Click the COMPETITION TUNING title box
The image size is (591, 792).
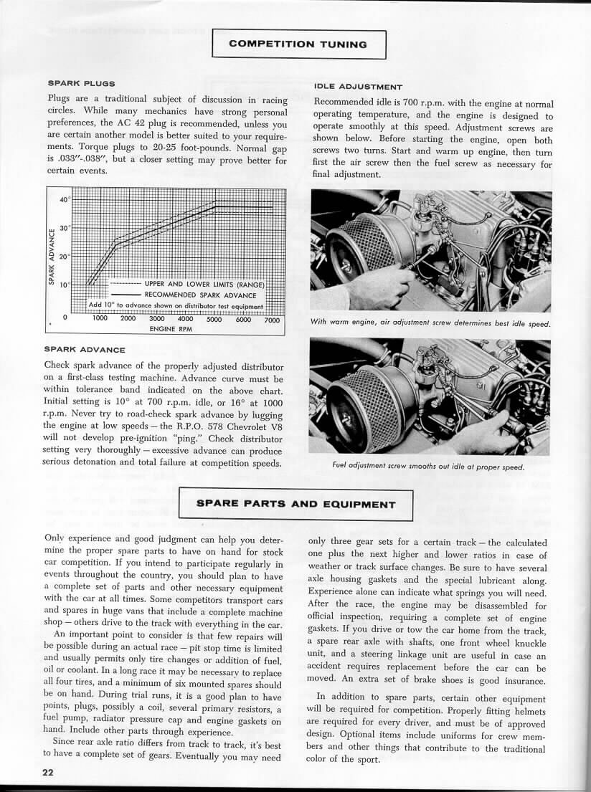point(298,44)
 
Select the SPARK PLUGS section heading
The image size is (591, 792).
point(81,84)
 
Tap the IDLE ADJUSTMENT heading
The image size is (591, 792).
point(359,87)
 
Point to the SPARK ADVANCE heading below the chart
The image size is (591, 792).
point(85,349)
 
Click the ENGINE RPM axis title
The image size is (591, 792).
point(171,328)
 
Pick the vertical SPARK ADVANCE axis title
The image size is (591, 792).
point(52,257)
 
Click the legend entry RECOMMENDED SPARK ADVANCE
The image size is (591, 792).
point(204,294)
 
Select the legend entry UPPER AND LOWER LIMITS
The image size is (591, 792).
point(204,284)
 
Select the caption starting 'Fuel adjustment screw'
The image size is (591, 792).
point(428,467)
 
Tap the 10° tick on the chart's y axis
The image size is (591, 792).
point(65,285)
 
